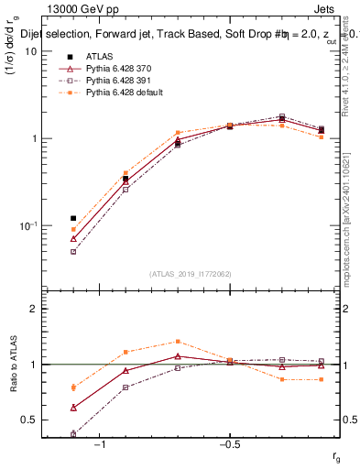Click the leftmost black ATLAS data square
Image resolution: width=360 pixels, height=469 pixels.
point(73,219)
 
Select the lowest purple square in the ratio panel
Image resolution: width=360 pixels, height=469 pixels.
point(73,434)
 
